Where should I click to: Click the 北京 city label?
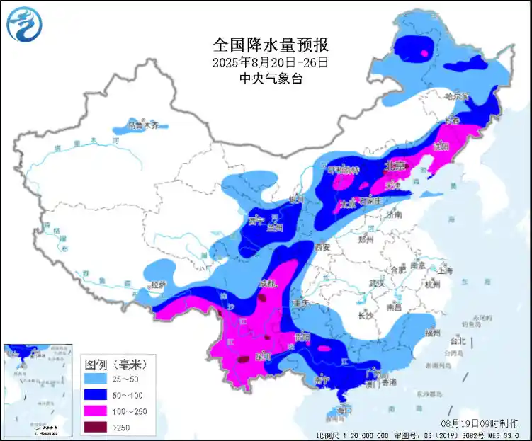(394, 166)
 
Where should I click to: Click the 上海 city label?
(445, 270)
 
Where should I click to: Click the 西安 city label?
(323, 247)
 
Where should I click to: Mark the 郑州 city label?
(366, 240)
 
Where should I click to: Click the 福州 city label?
(431, 332)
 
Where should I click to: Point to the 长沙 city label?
(366, 315)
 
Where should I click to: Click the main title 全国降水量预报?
(271, 45)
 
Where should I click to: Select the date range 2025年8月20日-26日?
(271, 62)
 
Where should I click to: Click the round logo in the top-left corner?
(25, 23)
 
